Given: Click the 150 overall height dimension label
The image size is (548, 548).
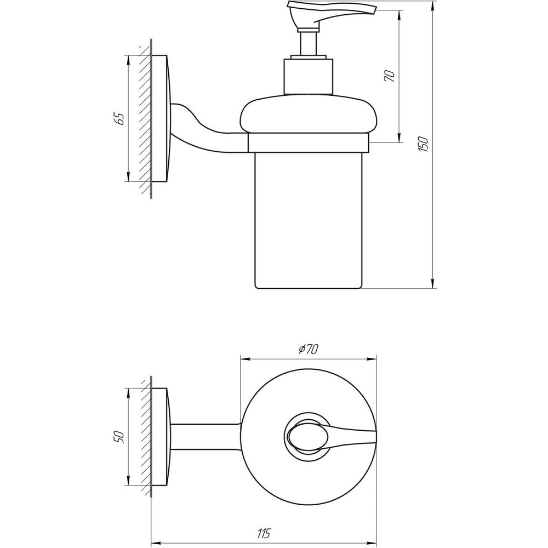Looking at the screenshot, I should (423, 144).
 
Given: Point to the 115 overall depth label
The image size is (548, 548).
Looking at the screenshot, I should (264, 533).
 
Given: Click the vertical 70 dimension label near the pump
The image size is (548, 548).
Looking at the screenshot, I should (390, 76).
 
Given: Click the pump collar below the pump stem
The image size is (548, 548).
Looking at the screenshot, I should (308, 76).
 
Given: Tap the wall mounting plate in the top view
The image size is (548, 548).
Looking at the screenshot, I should (160, 437).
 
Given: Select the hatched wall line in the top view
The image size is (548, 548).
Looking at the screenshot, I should (145, 437).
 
